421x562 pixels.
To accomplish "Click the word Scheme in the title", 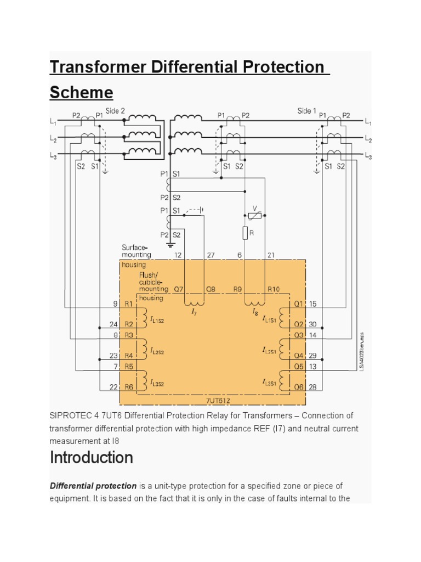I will (x=81, y=92).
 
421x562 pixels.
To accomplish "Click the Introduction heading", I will (x=92, y=457).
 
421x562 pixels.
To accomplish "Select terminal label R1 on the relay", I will (x=128, y=303).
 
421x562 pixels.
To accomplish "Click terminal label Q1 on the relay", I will (x=299, y=303).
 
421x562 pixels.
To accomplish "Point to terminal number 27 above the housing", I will (x=210, y=255).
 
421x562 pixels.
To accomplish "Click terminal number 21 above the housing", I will (x=270, y=255).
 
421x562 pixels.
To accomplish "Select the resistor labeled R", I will (x=245, y=233).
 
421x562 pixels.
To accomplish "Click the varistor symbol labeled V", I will (x=254, y=215).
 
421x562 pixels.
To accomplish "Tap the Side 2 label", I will (x=115, y=111).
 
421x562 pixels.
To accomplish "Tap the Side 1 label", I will (x=307, y=111).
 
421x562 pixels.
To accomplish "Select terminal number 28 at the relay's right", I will (x=313, y=387).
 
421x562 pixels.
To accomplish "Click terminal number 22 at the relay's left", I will (x=113, y=387).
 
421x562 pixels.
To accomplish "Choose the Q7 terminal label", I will (x=179, y=289).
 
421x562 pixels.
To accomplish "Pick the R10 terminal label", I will (x=274, y=289).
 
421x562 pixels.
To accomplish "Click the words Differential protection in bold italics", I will (x=93, y=486).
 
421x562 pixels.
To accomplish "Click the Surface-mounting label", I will (x=136, y=251).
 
